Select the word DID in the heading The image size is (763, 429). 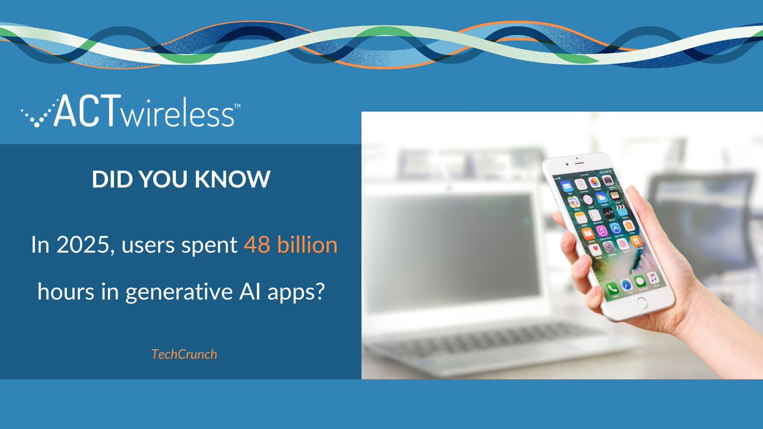[110, 180]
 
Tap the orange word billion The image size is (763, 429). [308, 245]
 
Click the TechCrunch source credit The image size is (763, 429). [184, 354]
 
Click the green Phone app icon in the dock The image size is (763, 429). [612, 289]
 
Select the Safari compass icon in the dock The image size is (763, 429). [627, 284]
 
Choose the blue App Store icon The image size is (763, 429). [615, 227]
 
